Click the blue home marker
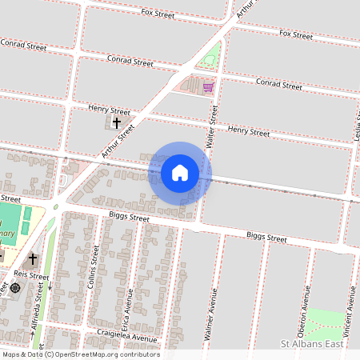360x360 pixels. [180, 172]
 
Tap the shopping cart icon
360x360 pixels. [208, 86]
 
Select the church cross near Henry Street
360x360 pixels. [117, 123]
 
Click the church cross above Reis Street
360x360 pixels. [33, 259]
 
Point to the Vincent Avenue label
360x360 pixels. [350, 304]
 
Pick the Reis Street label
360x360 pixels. [36, 277]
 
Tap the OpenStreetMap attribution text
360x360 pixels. [80, 354]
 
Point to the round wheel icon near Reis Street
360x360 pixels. [14, 287]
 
